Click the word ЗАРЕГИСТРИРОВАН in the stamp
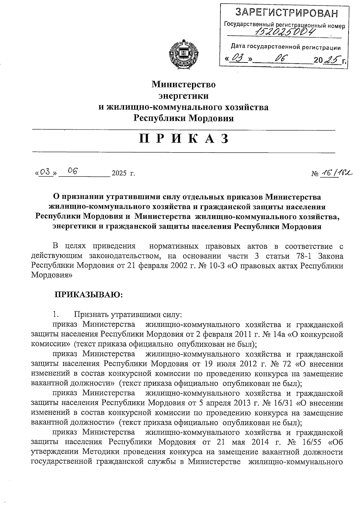coord(286,13)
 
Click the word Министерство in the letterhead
coord(183,84)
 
